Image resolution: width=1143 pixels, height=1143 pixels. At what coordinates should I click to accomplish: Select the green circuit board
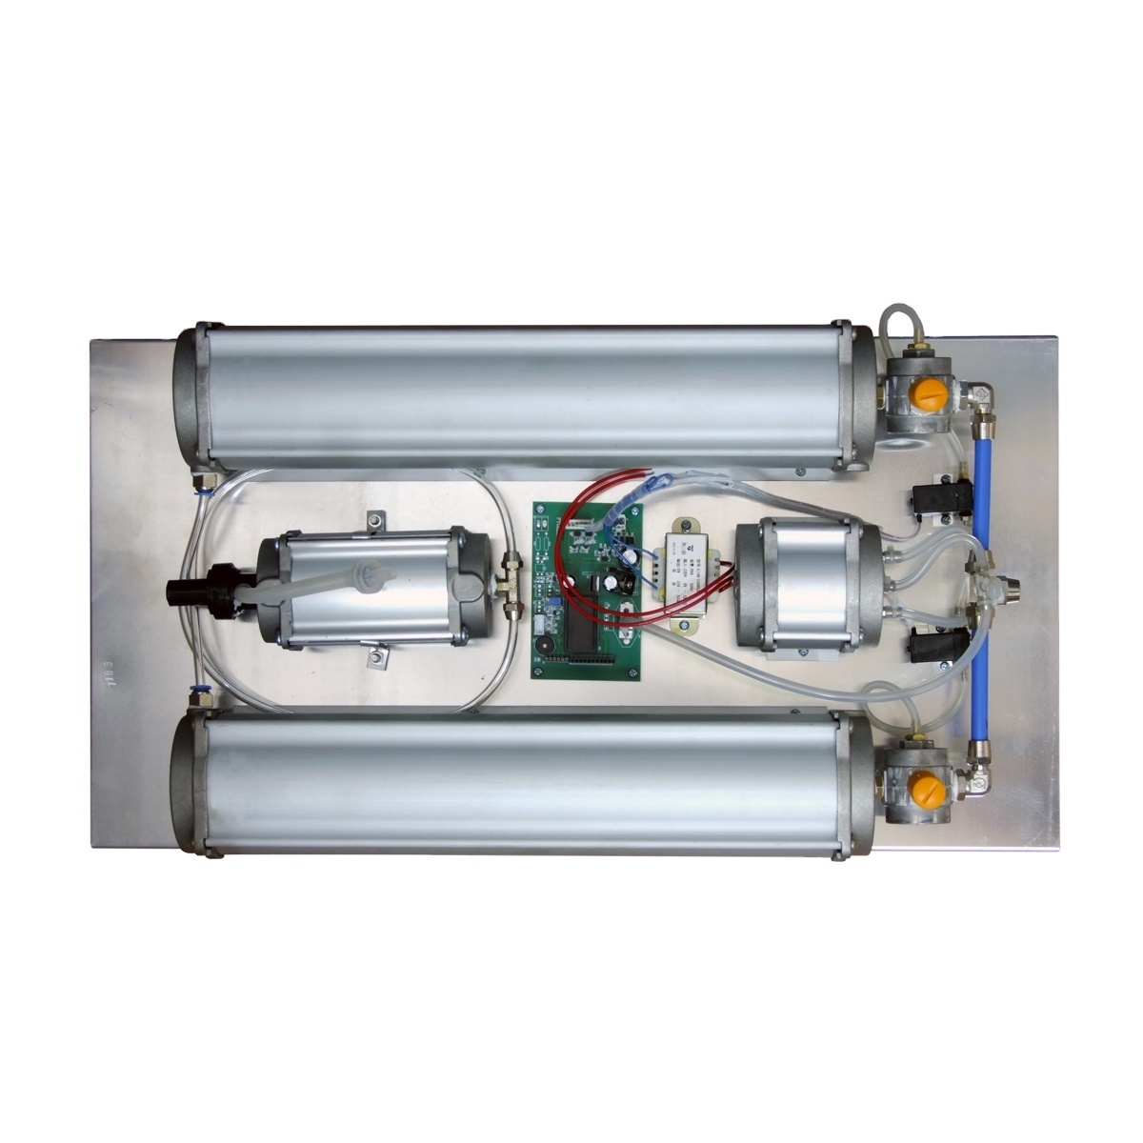(587, 591)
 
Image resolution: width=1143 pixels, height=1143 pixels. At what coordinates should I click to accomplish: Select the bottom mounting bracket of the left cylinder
(377, 656)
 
